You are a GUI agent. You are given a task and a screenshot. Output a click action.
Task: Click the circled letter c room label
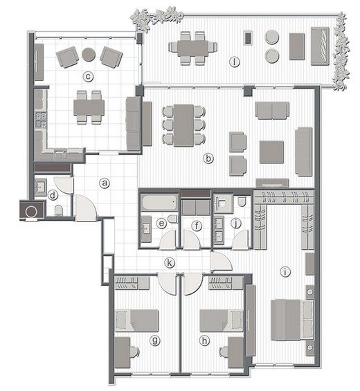click(88, 76)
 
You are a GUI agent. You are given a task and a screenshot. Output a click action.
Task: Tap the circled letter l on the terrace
click(234, 62)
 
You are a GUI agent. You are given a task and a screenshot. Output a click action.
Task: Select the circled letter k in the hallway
click(170, 263)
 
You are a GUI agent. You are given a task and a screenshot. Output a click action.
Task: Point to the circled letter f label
click(197, 226)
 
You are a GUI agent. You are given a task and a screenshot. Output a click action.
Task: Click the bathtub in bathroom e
click(159, 202)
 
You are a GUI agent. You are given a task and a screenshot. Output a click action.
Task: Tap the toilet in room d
click(59, 210)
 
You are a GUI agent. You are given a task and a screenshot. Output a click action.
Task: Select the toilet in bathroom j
click(242, 202)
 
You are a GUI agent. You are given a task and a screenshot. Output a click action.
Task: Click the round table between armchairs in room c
click(89, 55)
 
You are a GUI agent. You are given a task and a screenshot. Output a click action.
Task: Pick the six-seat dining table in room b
click(183, 125)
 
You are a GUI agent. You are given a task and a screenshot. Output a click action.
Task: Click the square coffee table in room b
click(271, 152)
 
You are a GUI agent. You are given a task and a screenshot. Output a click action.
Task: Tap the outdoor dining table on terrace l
click(193, 48)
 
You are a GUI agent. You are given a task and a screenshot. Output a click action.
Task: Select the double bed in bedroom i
click(292, 320)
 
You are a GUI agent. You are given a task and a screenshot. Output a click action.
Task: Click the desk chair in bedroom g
click(135, 352)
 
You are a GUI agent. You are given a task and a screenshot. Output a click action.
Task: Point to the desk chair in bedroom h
click(224, 352)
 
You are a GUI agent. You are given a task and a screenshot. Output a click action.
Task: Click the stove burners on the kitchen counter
click(41, 120)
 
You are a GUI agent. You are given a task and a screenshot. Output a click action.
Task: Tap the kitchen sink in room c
click(60, 154)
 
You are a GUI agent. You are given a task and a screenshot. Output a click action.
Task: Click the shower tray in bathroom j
click(224, 203)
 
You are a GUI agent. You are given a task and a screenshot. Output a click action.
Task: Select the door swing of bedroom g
click(167, 284)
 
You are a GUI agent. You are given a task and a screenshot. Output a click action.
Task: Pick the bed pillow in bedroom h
click(237, 321)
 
